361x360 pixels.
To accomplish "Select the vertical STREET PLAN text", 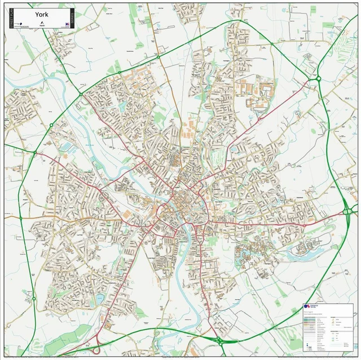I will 10,18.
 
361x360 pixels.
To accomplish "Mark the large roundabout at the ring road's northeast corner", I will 318,78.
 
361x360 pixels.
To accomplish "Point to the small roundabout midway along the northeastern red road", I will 258,119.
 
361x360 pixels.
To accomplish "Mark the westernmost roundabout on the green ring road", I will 20,217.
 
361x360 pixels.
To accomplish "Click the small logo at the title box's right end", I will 66,25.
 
